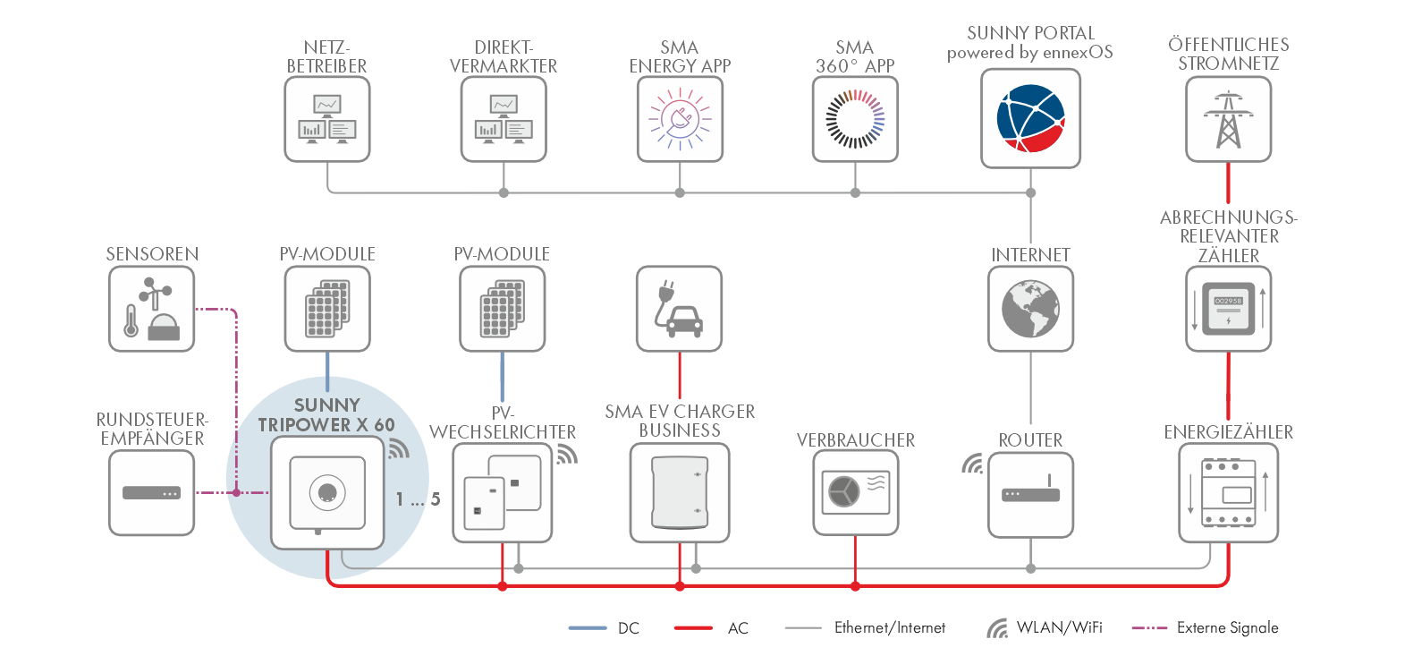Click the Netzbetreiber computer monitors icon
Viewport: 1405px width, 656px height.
(x=327, y=119)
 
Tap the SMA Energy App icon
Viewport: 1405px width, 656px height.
(x=680, y=119)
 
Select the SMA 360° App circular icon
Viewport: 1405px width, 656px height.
(x=855, y=119)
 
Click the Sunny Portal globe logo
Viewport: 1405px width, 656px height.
(x=1030, y=118)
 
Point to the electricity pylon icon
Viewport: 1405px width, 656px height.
(x=1228, y=119)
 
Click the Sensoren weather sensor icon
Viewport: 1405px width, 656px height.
(x=152, y=309)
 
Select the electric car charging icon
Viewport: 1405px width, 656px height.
(x=679, y=309)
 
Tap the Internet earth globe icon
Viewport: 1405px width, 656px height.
(x=1030, y=309)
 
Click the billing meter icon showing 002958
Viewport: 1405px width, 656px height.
(x=1228, y=309)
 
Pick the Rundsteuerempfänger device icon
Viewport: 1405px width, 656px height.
(x=152, y=493)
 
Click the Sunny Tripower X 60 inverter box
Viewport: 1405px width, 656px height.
(x=327, y=493)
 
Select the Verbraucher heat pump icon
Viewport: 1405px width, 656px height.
(x=856, y=492)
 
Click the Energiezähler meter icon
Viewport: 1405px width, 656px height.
(x=1228, y=494)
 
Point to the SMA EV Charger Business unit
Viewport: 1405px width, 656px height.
(x=680, y=493)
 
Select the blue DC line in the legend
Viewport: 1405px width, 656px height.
(x=588, y=628)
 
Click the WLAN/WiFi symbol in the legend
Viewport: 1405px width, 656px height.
(x=997, y=628)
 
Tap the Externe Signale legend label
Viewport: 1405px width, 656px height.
(x=1227, y=628)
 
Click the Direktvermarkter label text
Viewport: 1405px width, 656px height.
(x=504, y=56)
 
